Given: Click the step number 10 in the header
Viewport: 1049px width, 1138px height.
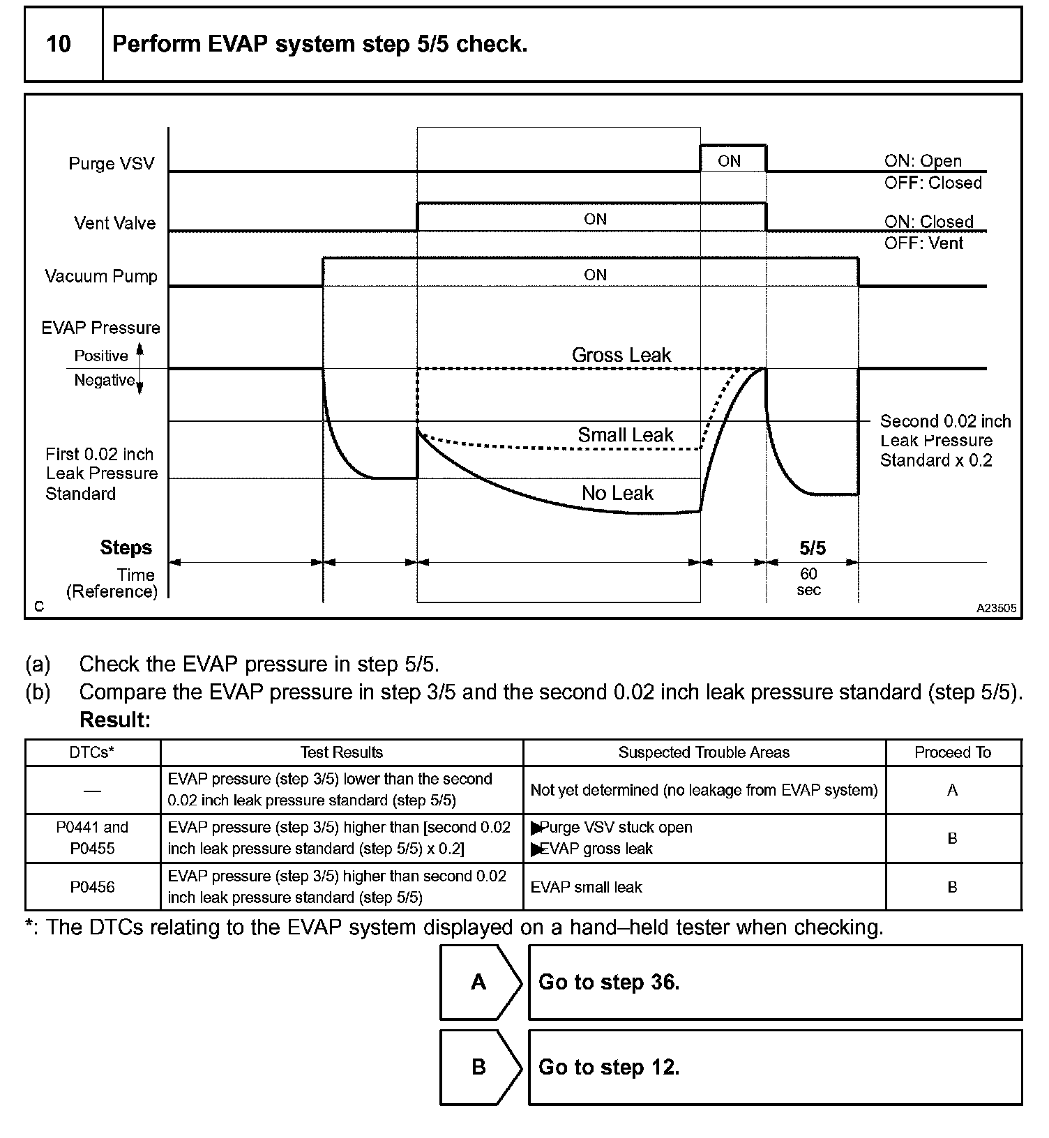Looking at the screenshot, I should [x=59, y=44].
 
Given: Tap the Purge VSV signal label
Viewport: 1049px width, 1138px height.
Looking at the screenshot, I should [x=111, y=164].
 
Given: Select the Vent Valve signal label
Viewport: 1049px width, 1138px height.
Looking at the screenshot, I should [x=115, y=223].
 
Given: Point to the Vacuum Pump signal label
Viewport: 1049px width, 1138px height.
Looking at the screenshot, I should [x=101, y=276].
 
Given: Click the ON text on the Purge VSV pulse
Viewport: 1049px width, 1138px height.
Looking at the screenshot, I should [x=729, y=161].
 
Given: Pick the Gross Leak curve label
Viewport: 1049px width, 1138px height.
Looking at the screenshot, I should [x=621, y=355].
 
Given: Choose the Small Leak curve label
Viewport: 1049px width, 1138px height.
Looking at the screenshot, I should [x=625, y=435].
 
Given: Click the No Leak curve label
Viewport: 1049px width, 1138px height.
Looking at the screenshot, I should [x=617, y=494].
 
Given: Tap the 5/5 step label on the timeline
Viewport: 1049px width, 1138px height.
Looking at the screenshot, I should [x=812, y=548].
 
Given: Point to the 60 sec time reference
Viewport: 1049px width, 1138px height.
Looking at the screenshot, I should [x=808, y=582].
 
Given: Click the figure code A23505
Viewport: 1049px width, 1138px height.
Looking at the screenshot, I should [x=996, y=608].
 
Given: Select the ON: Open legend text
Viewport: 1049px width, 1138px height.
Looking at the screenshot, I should [x=923, y=161].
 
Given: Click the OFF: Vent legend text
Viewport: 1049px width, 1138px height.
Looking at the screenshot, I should [x=923, y=243].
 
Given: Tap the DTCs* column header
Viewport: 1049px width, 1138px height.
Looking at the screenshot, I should [x=92, y=752].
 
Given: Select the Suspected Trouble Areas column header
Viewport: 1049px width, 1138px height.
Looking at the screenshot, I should [x=704, y=752].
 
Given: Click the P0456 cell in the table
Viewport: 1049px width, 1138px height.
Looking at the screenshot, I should [x=92, y=887].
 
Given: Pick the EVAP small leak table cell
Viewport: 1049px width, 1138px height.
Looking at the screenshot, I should [x=586, y=887].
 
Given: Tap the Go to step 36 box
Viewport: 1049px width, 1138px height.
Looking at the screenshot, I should [x=774, y=982].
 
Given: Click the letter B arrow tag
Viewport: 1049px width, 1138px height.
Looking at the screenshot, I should [x=479, y=1067].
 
